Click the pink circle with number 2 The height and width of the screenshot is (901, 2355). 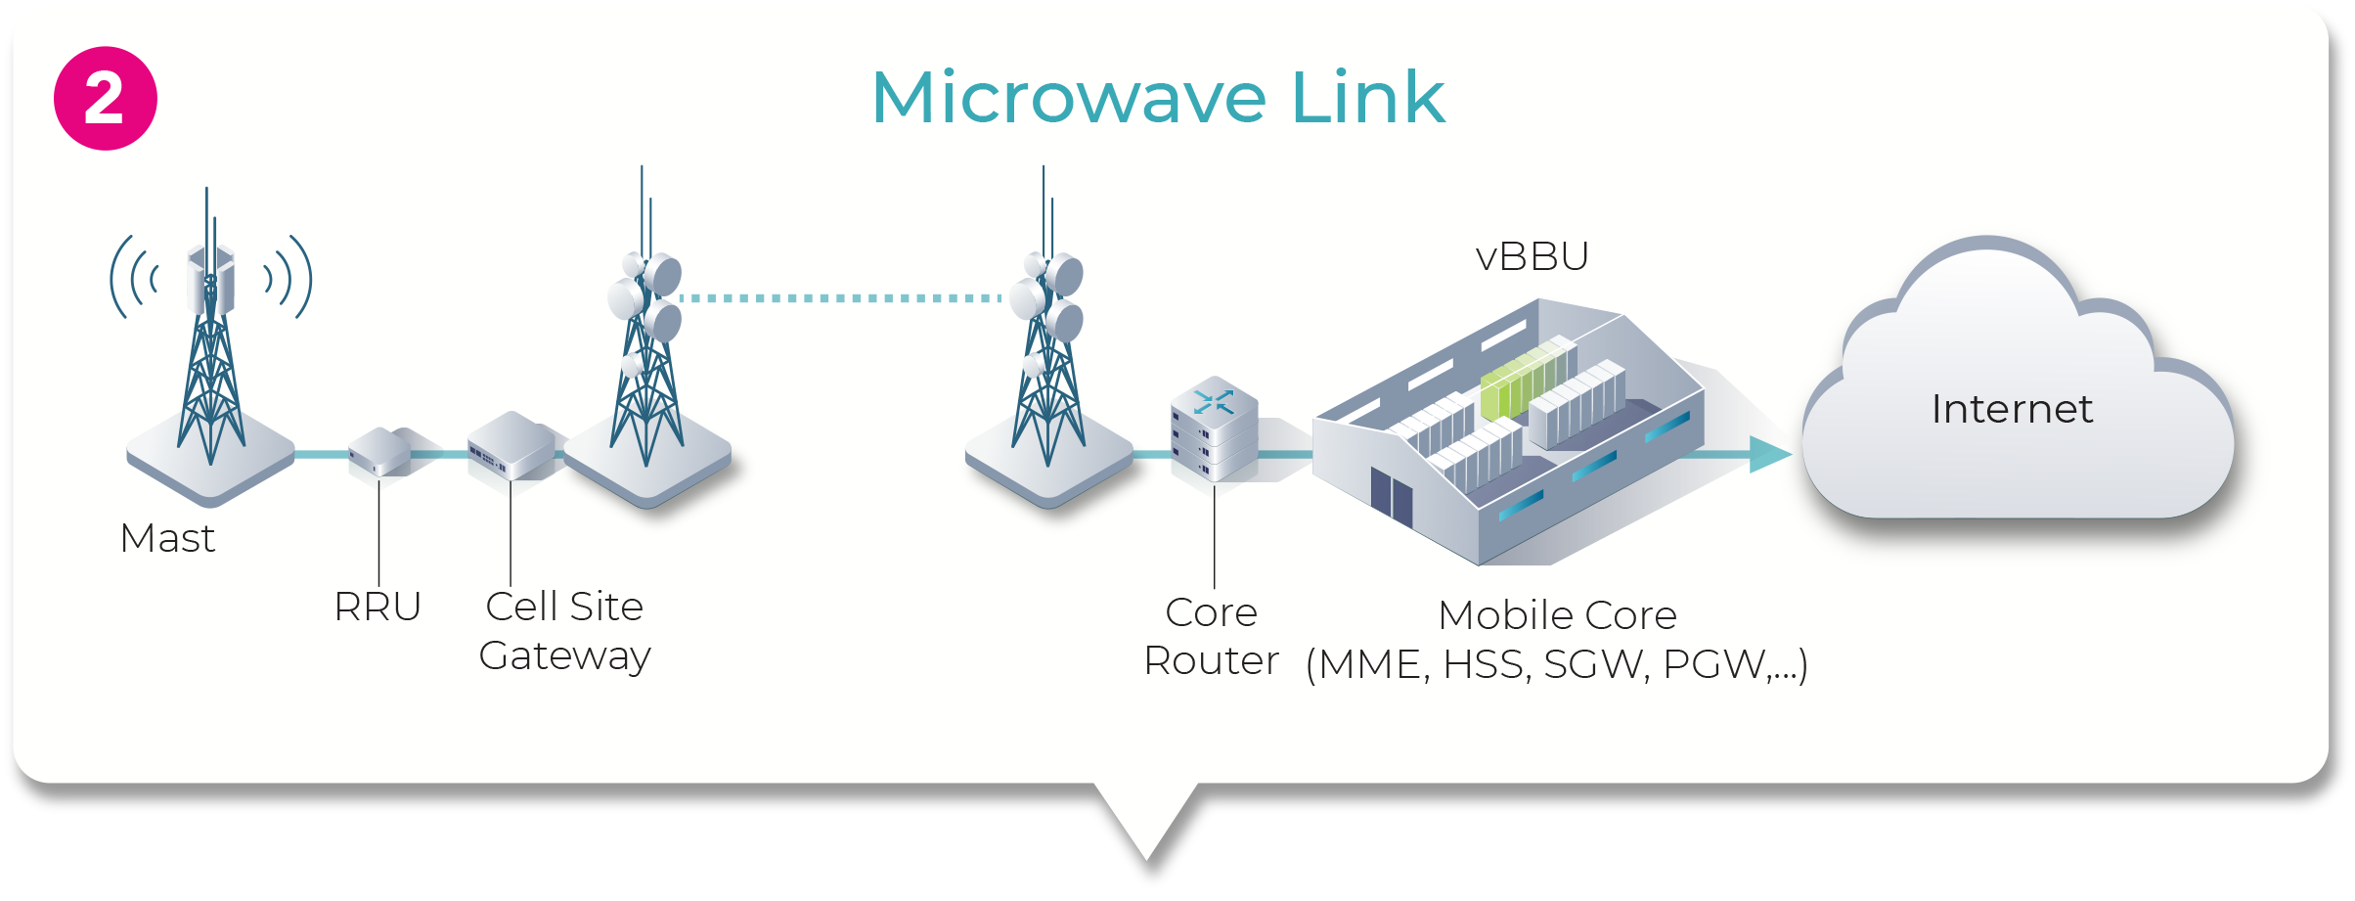[x=106, y=99]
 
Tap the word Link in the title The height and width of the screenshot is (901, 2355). [x=1368, y=98]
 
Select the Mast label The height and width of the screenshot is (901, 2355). [x=167, y=538]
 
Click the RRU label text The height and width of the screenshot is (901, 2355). [x=378, y=607]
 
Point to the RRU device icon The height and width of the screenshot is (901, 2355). [x=379, y=452]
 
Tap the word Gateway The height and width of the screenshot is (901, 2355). [x=564, y=655]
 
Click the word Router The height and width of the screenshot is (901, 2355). [x=1211, y=661]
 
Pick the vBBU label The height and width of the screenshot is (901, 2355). [x=1532, y=256]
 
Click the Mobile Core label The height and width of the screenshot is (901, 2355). [x=1557, y=615]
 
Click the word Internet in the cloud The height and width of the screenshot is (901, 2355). [x=2012, y=409]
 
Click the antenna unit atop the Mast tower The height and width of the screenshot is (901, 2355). [x=211, y=278]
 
